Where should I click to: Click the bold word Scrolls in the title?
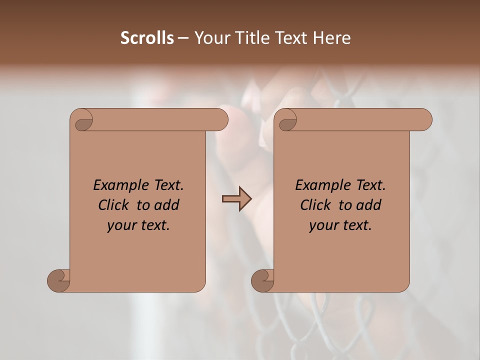click(x=147, y=38)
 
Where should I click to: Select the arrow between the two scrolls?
click(x=236, y=199)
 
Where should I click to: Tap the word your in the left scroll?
click(x=120, y=225)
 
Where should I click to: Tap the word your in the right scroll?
click(x=322, y=225)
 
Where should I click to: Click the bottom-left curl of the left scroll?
click(x=59, y=280)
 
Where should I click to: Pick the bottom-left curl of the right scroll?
click(x=263, y=280)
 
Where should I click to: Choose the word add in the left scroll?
click(x=166, y=205)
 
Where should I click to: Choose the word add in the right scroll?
click(x=368, y=205)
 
